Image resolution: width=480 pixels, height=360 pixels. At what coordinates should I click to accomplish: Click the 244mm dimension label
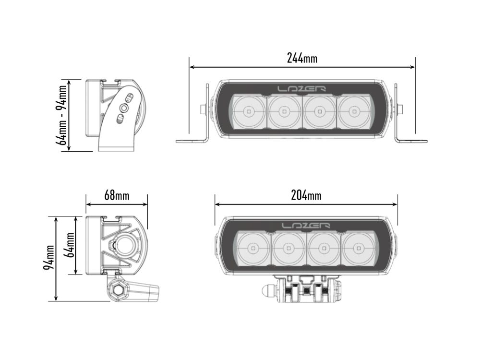coord(302,58)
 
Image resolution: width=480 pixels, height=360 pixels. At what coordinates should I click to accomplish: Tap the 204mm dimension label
coord(306,195)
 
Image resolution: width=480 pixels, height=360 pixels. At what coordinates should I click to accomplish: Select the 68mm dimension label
coord(117,195)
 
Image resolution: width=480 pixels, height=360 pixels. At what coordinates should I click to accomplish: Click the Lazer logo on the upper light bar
coord(302,88)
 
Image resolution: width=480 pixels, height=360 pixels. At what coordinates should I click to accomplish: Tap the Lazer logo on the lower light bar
coord(306,226)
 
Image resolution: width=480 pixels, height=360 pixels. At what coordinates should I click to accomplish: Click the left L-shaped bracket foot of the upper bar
coord(191,141)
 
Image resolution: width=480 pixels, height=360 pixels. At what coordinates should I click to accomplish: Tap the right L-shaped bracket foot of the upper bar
coord(412,141)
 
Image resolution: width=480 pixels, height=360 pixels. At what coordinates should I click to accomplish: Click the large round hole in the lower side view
coord(126,246)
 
